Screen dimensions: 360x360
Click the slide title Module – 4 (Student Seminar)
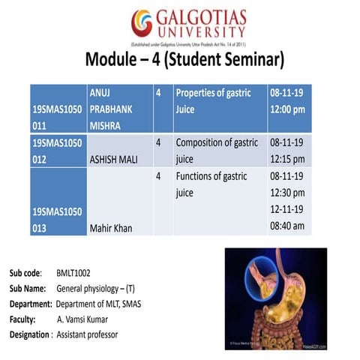(184, 59)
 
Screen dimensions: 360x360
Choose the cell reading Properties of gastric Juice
(217, 101)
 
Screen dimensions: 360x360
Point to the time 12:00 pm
(288, 109)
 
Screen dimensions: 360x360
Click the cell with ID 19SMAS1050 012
(56, 150)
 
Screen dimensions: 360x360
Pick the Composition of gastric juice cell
(217, 150)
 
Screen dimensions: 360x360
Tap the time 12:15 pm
(288, 159)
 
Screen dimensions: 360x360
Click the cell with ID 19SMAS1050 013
(56, 219)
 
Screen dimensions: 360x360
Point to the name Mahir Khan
(109, 227)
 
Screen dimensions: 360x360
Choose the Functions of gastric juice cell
(211, 184)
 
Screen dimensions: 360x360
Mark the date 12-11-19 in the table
(286, 209)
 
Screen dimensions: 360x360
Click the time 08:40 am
(288, 226)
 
